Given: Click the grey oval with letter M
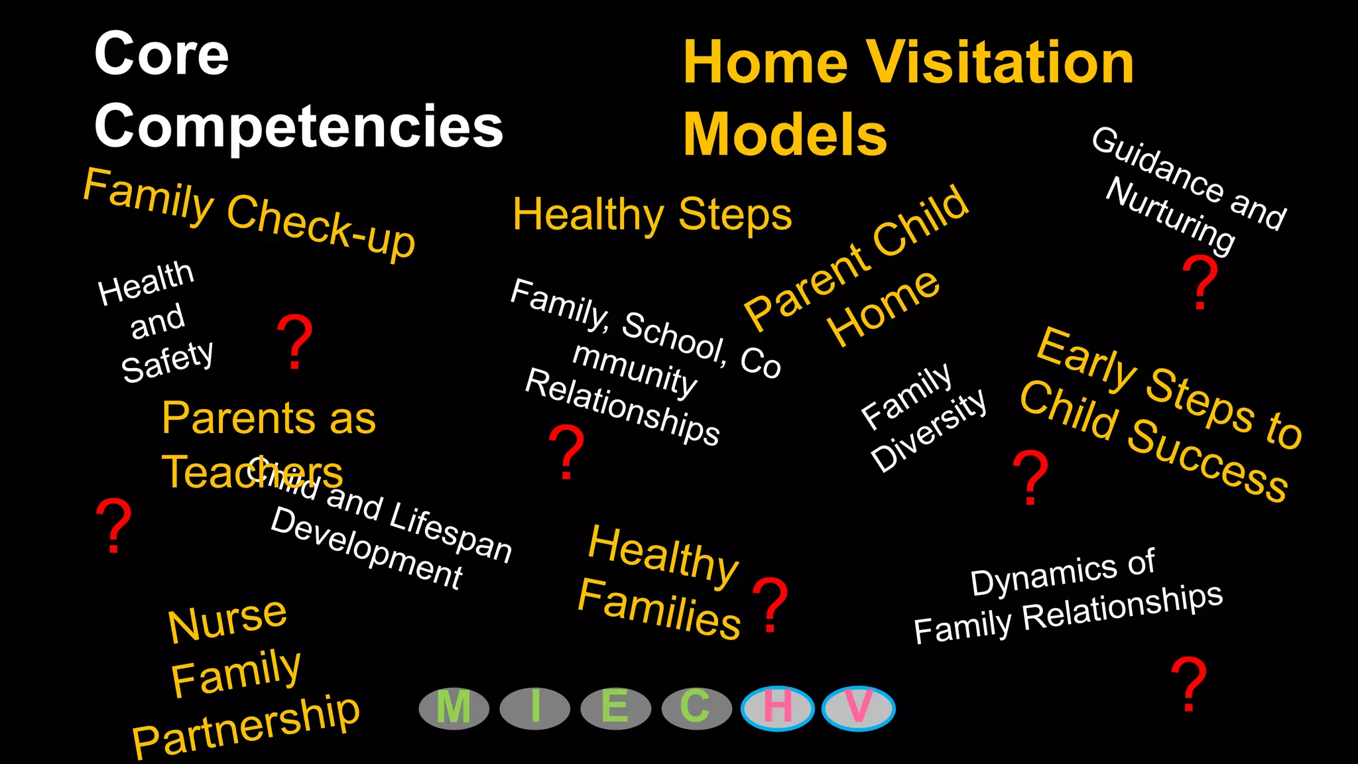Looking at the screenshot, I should point(454,708).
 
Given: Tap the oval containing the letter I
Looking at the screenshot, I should point(534,708).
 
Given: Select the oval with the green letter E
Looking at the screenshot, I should point(615,708).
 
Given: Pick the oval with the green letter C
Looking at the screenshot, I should point(696,708).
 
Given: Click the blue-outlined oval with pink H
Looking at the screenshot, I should point(777,708).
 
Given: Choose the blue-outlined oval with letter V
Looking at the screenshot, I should point(858,708).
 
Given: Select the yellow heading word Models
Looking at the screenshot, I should point(785,135).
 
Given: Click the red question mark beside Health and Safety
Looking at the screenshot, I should point(294,342).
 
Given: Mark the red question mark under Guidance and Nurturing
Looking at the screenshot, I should point(1200,283).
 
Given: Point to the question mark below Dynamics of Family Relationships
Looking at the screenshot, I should point(1188,684).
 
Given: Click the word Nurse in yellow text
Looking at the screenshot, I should point(227,620).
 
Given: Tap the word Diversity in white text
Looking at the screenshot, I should point(929,430).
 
